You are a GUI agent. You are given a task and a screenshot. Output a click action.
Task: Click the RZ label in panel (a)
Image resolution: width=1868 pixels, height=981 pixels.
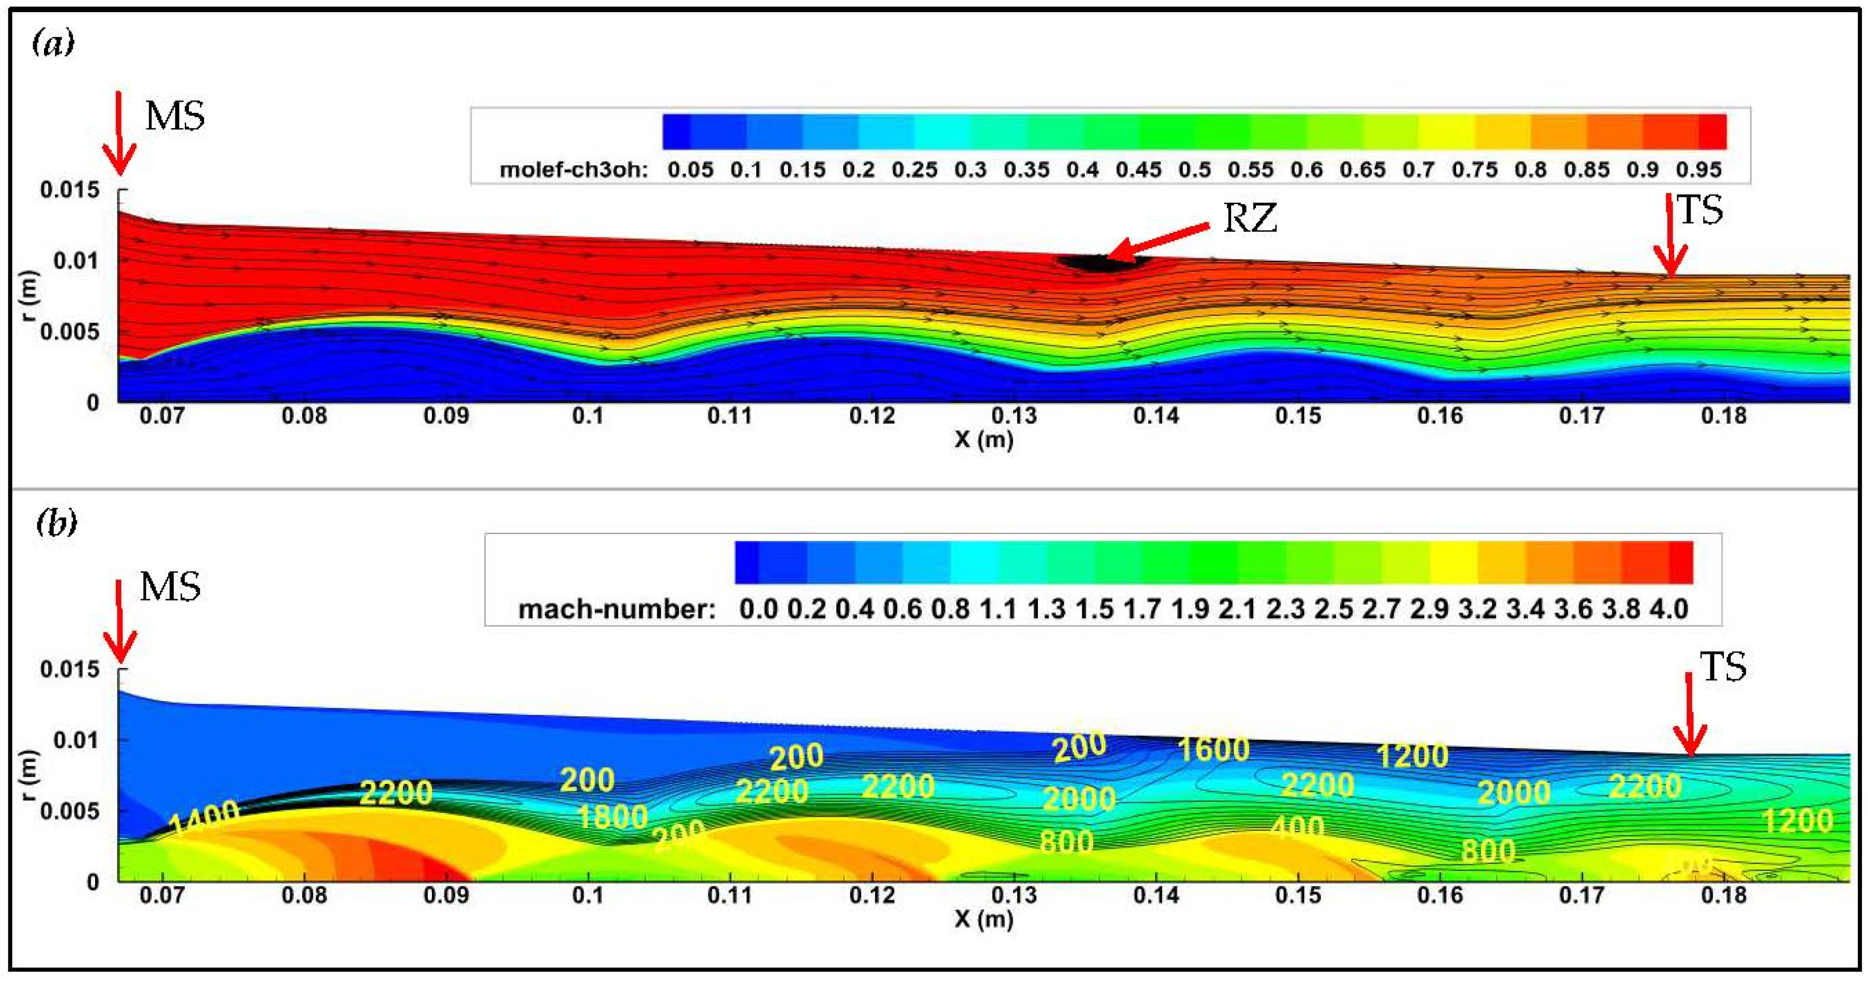[x=1249, y=218]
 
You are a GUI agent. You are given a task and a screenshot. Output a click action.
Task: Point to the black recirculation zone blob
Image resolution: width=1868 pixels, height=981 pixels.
[x=1101, y=263]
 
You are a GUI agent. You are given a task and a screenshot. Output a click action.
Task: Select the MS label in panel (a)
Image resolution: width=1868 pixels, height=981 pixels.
[x=175, y=116]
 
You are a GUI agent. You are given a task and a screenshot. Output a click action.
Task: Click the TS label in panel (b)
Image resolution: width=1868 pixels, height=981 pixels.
[x=1723, y=667]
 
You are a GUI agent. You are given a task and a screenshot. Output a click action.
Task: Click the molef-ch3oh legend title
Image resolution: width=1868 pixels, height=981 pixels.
[x=573, y=170]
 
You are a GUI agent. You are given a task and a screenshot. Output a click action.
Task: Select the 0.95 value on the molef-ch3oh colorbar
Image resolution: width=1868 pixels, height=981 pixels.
[x=1698, y=170]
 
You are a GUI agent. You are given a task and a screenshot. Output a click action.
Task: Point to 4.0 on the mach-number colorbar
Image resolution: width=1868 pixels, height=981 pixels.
[x=1669, y=609]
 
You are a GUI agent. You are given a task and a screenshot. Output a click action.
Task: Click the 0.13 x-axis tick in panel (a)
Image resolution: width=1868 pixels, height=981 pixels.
[x=1013, y=416]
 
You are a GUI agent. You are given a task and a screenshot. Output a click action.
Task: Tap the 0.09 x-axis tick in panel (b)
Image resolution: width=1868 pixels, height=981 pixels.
[x=446, y=895]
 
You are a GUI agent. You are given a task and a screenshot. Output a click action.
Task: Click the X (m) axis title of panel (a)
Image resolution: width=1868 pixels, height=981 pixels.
[x=983, y=439]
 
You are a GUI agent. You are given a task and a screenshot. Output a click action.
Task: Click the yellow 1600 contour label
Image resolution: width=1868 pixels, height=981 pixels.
[x=1213, y=749]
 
